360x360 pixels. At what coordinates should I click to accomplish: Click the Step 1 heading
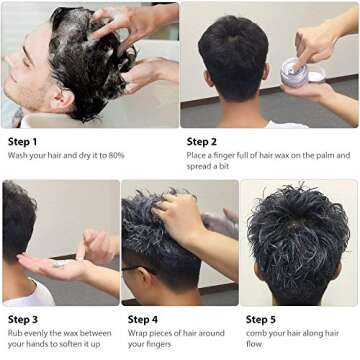tap(22, 142)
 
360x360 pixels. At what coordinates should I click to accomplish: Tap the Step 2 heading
tap(201, 142)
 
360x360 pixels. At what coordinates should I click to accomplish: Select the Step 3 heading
tap(23, 320)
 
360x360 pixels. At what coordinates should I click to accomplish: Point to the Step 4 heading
tap(143, 320)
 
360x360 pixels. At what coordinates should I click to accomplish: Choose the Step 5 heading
tap(261, 320)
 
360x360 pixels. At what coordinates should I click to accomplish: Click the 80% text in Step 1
tap(116, 155)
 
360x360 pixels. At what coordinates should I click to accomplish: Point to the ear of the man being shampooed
tap(61, 99)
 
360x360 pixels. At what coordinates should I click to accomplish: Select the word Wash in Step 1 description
tap(17, 155)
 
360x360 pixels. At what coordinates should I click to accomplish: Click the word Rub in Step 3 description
tap(15, 333)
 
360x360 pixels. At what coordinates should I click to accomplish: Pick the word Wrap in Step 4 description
tap(137, 333)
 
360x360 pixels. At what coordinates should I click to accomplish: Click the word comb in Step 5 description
tap(255, 333)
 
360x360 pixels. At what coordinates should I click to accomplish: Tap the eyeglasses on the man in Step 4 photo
tap(138, 269)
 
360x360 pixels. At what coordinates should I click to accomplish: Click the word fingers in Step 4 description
tap(158, 344)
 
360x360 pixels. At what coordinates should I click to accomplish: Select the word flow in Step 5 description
tap(254, 344)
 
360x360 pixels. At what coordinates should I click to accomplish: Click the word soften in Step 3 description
tap(69, 344)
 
